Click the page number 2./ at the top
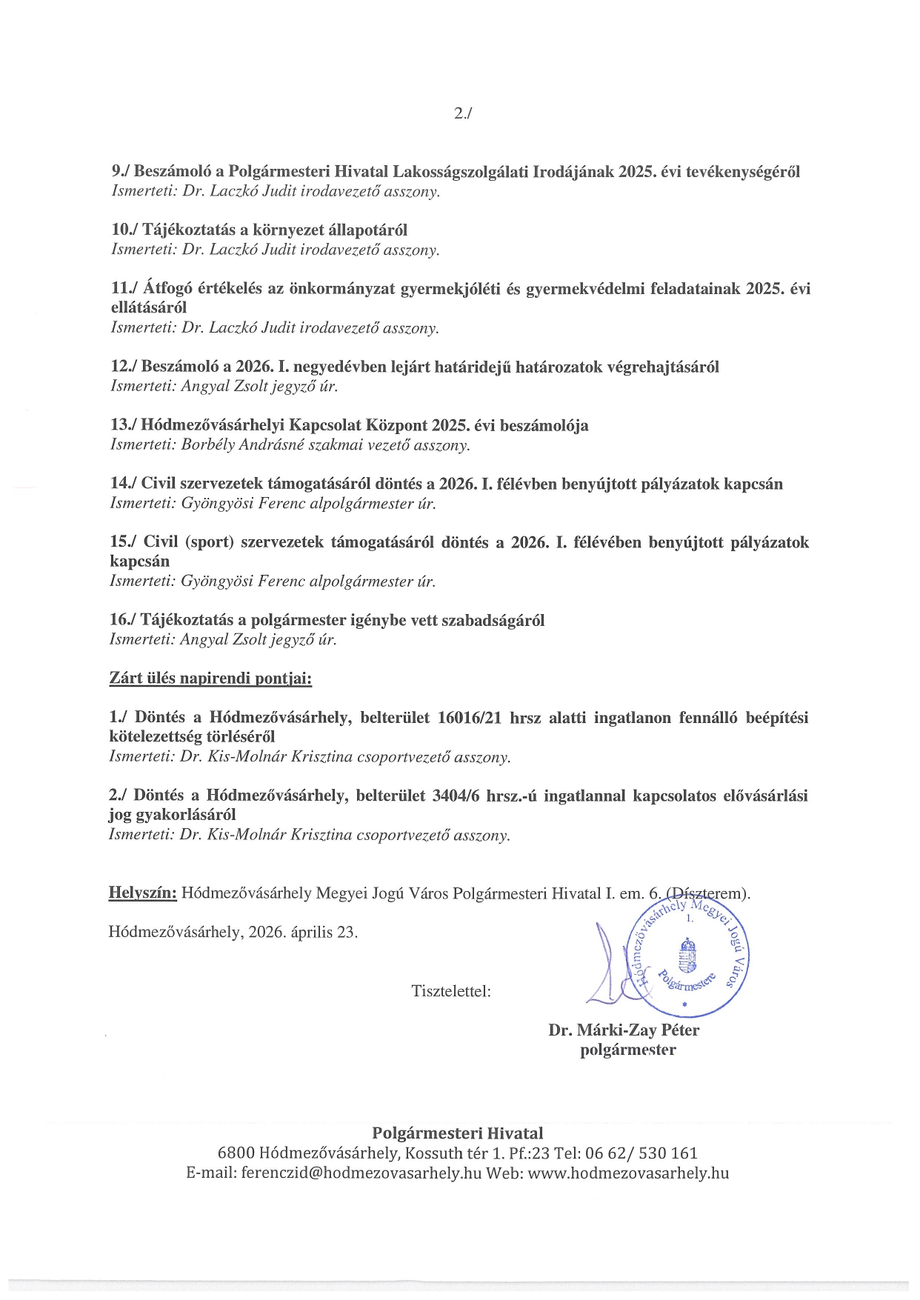coord(462,113)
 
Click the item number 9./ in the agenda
coord(121,172)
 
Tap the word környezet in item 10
coord(287,230)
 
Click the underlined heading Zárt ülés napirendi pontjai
coord(210,679)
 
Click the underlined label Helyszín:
coord(143,893)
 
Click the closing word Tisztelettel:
coord(451,991)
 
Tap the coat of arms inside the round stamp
coord(687,956)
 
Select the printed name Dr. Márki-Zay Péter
coord(624,1030)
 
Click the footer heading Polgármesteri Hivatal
coord(457,1133)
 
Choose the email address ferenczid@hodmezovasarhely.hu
coord(361,1173)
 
